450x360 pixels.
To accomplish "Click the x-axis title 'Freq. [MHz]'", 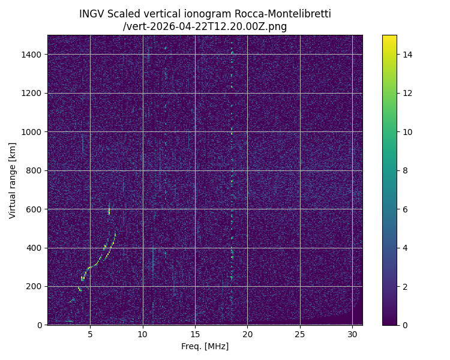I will point(205,346).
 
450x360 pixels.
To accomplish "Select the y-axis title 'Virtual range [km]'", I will point(13,180).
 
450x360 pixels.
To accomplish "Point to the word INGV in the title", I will point(91,14).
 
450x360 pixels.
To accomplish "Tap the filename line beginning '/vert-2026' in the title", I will point(205,26).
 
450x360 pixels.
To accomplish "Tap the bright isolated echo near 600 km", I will point(109,210).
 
